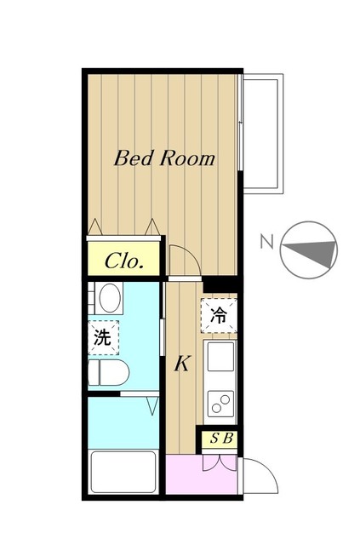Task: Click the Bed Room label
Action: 164,158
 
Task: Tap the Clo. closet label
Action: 124,261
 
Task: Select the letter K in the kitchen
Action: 182,364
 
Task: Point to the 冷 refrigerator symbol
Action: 219,316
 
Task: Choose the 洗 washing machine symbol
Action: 103,337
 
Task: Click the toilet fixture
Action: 108,373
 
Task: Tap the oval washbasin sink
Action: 110,298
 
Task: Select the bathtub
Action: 123,472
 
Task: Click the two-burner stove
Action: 220,404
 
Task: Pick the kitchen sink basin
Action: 220,357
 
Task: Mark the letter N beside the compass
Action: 267,242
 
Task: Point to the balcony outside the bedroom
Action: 263,134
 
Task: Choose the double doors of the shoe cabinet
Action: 220,463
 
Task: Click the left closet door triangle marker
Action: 94,227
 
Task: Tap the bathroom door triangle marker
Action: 152,406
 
